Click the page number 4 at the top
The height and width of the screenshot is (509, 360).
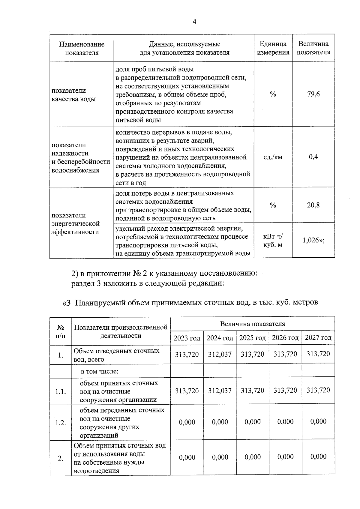pyautogui.click(x=194, y=22)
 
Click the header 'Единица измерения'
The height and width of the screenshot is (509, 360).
pyautogui.click(x=273, y=48)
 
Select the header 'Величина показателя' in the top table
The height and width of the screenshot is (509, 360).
pyautogui.click(x=313, y=48)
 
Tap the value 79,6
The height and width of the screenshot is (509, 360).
pyautogui.click(x=313, y=94)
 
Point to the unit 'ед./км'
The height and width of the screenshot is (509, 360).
pyautogui.click(x=273, y=157)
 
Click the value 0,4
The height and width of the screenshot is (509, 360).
pyautogui.click(x=313, y=157)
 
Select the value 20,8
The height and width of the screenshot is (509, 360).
pyautogui.click(x=313, y=205)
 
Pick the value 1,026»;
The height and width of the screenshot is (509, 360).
pyautogui.click(x=313, y=240)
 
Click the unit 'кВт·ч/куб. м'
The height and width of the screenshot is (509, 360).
pyautogui.click(x=273, y=241)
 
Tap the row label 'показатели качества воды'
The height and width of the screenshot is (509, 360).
pyautogui.click(x=73, y=95)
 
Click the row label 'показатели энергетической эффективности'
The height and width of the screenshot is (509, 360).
pyautogui.click(x=75, y=223)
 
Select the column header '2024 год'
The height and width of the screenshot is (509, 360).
pyautogui.click(x=220, y=338)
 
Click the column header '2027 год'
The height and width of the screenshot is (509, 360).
pyautogui.click(x=318, y=338)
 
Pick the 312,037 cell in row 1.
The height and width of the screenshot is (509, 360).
pyautogui.click(x=220, y=355)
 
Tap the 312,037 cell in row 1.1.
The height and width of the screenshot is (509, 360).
pyautogui.click(x=220, y=391)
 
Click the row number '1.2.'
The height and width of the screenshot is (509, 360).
pyautogui.click(x=60, y=423)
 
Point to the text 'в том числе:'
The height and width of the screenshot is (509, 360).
pyautogui.click(x=100, y=372)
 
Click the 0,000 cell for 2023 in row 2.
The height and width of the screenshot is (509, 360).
pyautogui.click(x=187, y=457)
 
